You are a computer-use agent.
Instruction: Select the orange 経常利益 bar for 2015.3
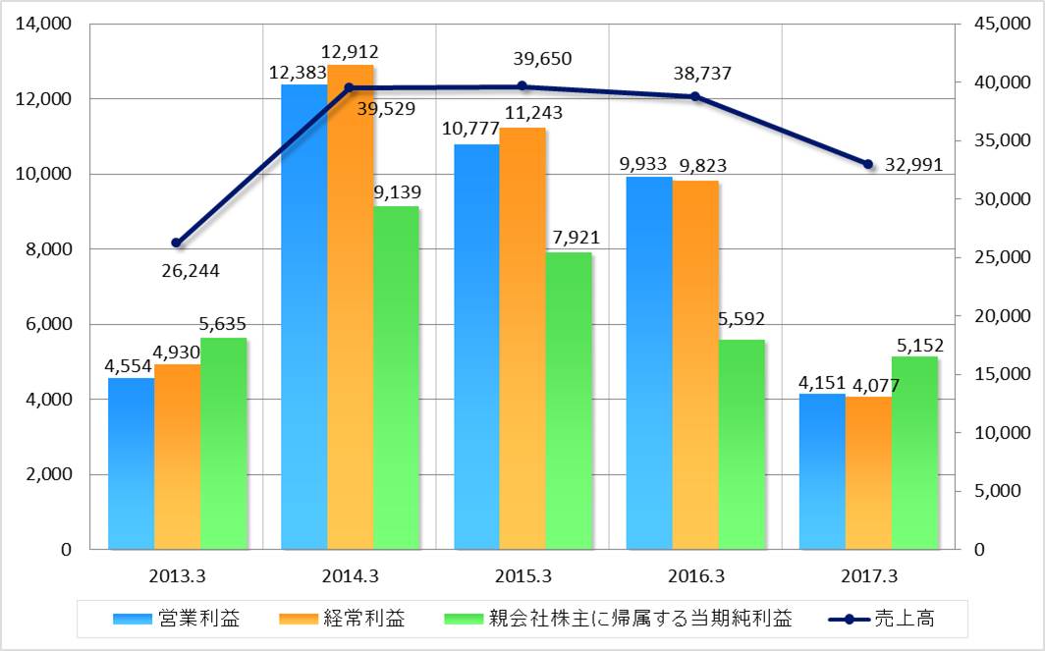pos(522,338)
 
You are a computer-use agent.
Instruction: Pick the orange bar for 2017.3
pos(868,472)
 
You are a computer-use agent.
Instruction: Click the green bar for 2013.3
pos(224,443)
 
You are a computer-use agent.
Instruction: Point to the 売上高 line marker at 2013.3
pos(177,243)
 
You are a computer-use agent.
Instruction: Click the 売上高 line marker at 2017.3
pos(868,164)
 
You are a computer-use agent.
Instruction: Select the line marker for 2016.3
pos(695,96)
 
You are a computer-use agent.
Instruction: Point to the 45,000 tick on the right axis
pos(996,24)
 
